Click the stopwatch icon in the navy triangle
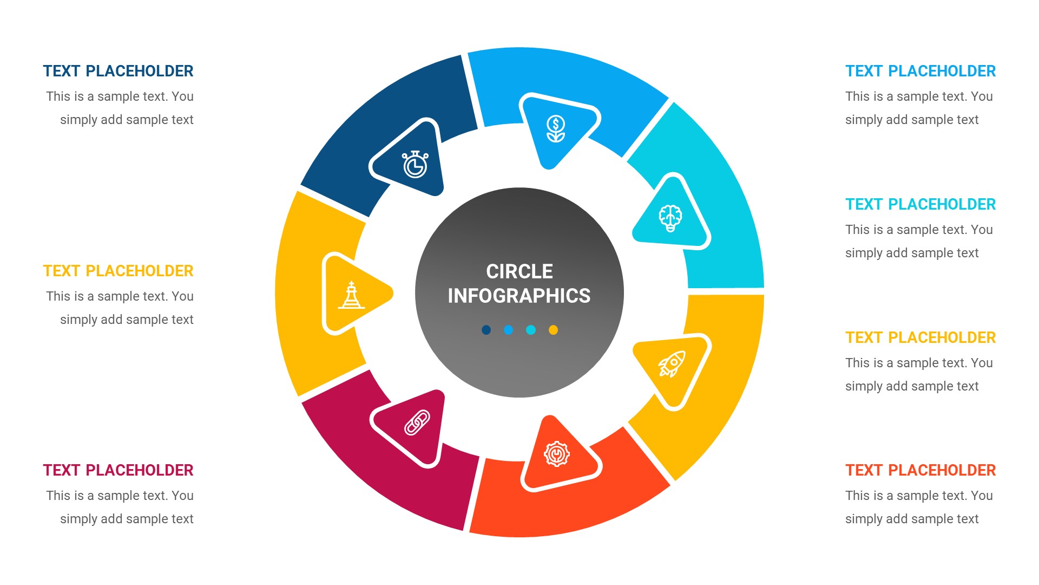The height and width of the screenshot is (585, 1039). click(415, 165)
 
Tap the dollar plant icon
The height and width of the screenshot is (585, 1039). click(556, 128)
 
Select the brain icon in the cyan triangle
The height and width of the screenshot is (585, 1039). click(670, 218)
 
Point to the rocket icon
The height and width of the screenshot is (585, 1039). click(672, 363)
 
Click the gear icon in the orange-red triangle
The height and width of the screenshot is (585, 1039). click(556, 454)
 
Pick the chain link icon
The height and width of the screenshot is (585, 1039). click(417, 422)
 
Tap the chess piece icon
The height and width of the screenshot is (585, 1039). click(351, 295)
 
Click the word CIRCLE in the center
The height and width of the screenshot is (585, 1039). click(519, 271)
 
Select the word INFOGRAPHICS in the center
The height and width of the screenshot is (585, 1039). click(519, 296)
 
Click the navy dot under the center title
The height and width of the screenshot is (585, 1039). click(486, 330)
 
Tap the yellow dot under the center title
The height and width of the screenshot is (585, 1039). click(553, 330)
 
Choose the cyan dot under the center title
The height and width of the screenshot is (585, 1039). click(531, 330)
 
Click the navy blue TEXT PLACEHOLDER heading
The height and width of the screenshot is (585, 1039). click(118, 71)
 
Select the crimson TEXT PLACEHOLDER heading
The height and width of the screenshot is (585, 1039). click(118, 470)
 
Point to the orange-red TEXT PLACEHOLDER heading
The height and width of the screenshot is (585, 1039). click(920, 470)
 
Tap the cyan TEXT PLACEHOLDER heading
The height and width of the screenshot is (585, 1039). click(920, 204)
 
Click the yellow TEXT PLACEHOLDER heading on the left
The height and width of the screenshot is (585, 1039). click(118, 271)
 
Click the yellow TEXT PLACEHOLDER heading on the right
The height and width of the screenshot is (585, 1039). click(920, 337)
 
